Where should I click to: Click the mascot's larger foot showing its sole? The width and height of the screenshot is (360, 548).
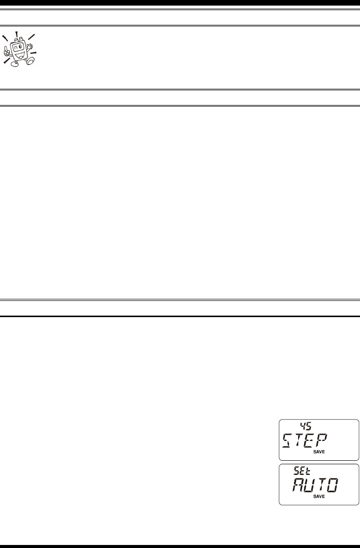coord(30,61)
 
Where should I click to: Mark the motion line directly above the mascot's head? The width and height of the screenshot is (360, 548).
coord(16,35)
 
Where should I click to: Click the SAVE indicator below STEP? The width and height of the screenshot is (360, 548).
coord(318,452)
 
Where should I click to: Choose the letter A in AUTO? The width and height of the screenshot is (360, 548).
coord(297,485)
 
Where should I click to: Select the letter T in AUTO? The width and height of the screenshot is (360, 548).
coord(322,485)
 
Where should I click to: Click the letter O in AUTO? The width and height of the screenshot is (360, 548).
coord(334,485)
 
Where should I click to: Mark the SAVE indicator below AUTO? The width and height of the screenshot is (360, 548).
coord(318,497)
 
